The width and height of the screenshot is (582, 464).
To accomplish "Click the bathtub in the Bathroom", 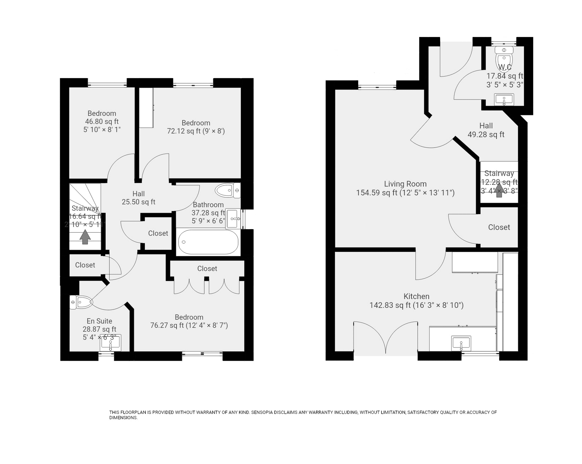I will pos(208,242).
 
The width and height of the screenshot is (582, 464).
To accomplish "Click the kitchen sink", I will pos(461,343).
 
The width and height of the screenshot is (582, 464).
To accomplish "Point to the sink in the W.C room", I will pos(504,99).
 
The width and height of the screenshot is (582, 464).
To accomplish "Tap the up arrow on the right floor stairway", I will pos(499,190).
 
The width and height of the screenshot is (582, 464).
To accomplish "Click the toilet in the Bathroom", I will pos(228,190).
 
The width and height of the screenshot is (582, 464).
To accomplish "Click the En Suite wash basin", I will pos(110,343).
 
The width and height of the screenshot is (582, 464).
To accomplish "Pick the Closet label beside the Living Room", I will pos(499,227).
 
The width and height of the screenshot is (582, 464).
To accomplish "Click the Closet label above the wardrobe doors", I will pos(207,269).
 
